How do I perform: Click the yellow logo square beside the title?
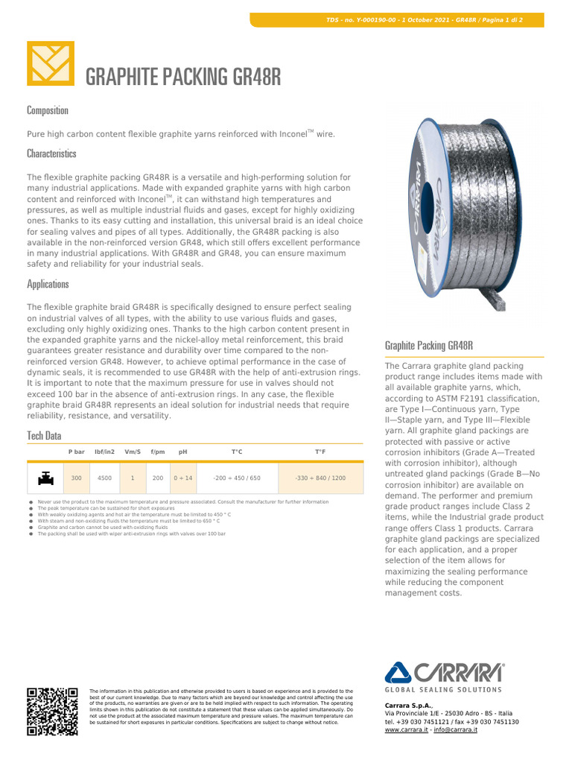click(x=51, y=63)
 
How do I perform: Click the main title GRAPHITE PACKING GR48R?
click(x=183, y=77)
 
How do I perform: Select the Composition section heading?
click(x=48, y=110)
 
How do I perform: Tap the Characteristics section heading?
click(x=51, y=153)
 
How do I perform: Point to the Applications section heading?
click(x=48, y=284)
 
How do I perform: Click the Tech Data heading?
click(x=44, y=435)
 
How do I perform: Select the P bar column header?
click(x=77, y=452)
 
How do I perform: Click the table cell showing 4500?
click(x=105, y=478)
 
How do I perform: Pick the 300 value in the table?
click(x=77, y=478)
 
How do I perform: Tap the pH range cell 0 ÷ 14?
click(x=183, y=478)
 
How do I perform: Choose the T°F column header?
click(x=320, y=452)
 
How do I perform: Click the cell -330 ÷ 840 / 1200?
click(x=320, y=478)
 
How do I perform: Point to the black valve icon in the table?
click(x=45, y=478)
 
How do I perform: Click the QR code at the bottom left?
click(x=52, y=711)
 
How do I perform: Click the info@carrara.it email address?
click(x=456, y=729)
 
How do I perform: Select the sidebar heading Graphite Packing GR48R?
click(x=429, y=346)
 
